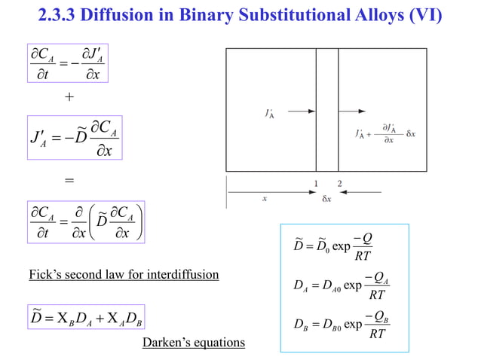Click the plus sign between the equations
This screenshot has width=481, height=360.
[x=69, y=97]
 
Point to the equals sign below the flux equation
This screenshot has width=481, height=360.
[x=69, y=181]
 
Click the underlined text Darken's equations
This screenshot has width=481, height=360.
[x=194, y=343]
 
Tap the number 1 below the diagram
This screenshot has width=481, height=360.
[x=316, y=184]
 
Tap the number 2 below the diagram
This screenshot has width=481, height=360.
[x=339, y=184]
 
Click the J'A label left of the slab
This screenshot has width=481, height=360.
[x=269, y=114]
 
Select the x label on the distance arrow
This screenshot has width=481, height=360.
[x=264, y=200]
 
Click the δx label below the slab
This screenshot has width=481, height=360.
[x=326, y=200]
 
